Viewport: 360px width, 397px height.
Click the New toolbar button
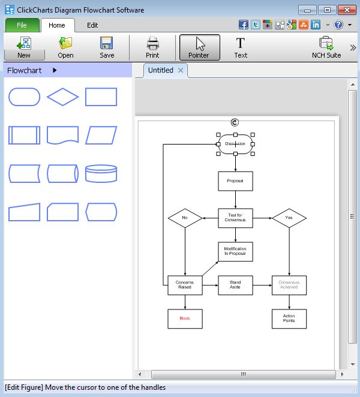coord(24,47)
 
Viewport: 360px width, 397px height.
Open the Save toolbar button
coord(107,47)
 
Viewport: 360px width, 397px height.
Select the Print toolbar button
coord(152,47)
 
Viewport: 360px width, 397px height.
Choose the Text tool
coord(241,47)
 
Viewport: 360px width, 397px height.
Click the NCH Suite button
coord(326,47)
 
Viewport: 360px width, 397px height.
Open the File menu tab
coord(22,25)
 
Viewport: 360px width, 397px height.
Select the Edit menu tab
coord(92,25)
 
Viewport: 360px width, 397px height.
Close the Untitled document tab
coord(181,70)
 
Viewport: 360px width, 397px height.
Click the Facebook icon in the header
coord(244,25)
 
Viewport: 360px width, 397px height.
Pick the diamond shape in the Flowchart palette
coord(62,97)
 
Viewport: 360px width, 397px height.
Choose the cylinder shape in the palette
coord(101,173)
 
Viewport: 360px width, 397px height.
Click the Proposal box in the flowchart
coord(235,181)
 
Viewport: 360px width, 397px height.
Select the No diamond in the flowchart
coord(185,218)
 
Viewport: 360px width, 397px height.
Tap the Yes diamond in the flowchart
coord(289,218)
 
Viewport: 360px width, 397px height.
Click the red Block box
coord(185,318)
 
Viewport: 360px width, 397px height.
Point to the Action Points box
coord(289,318)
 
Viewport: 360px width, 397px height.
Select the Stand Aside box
coord(235,285)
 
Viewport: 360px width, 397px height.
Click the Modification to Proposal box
coord(235,251)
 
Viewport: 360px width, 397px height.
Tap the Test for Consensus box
coord(235,218)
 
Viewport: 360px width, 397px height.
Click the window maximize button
coord(328,10)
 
